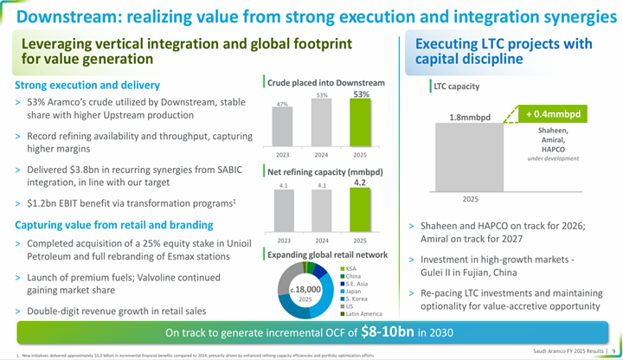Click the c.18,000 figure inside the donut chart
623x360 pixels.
point(299,288)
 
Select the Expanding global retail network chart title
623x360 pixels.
point(327,254)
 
